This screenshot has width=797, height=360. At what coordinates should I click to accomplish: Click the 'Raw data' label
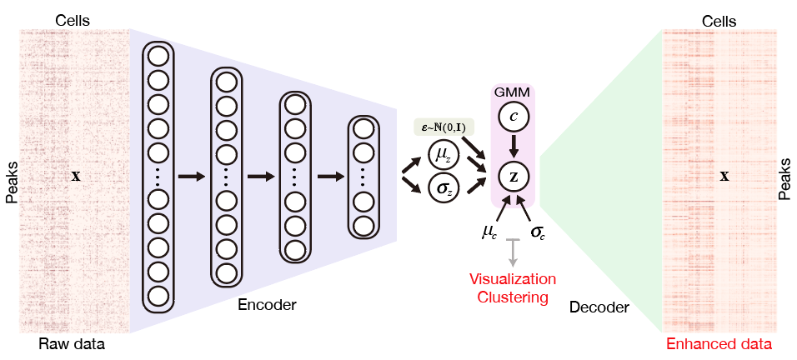[x=72, y=345]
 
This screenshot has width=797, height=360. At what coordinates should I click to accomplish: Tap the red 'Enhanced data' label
[x=719, y=344]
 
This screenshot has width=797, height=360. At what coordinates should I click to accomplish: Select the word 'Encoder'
[x=267, y=305]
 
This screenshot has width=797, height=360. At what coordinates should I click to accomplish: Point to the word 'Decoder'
[x=599, y=307]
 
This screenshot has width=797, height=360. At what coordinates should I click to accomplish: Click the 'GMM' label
[x=512, y=92]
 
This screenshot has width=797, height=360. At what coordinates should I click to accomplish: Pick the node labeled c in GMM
[x=514, y=116]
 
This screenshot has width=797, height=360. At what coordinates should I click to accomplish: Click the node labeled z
[x=514, y=176]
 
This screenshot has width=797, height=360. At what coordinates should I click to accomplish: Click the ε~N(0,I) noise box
[x=444, y=129]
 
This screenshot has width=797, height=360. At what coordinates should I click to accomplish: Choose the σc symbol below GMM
[x=537, y=233]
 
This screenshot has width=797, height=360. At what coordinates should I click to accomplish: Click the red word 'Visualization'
[x=513, y=279]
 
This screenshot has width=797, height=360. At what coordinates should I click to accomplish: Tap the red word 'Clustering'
[x=513, y=297]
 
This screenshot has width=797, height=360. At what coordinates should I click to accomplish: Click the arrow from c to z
[x=514, y=146]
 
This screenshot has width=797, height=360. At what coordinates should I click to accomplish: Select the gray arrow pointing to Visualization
[x=514, y=252]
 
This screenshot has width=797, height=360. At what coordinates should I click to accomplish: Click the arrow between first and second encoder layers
[x=191, y=176]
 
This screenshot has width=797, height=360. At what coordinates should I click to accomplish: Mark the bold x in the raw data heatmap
[x=76, y=177]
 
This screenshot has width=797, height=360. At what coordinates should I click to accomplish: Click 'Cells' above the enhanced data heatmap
[x=719, y=22]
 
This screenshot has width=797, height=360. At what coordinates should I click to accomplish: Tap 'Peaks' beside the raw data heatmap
[x=11, y=182]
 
